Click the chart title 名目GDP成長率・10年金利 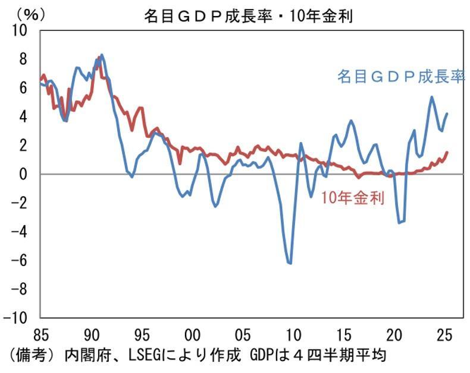248,16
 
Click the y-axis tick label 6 25,87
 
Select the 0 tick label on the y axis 25,174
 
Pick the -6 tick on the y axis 21,260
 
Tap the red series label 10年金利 352,198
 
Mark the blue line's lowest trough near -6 290,263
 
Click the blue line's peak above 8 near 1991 102,55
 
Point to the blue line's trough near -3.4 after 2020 400,223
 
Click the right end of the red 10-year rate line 447,153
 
